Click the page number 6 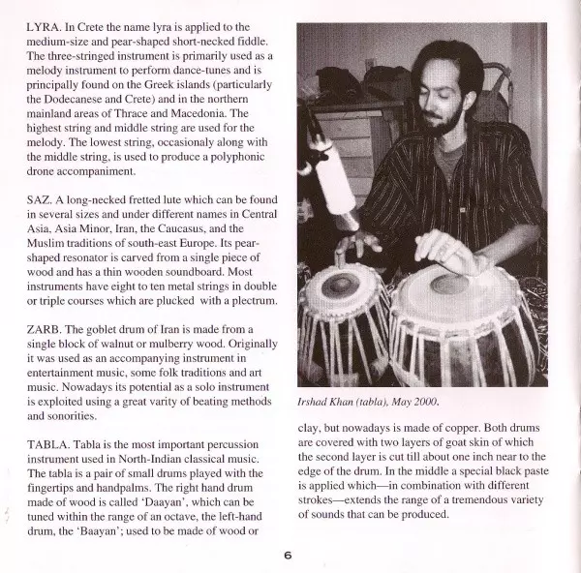tap(288, 555)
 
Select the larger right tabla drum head tap(453, 286)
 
